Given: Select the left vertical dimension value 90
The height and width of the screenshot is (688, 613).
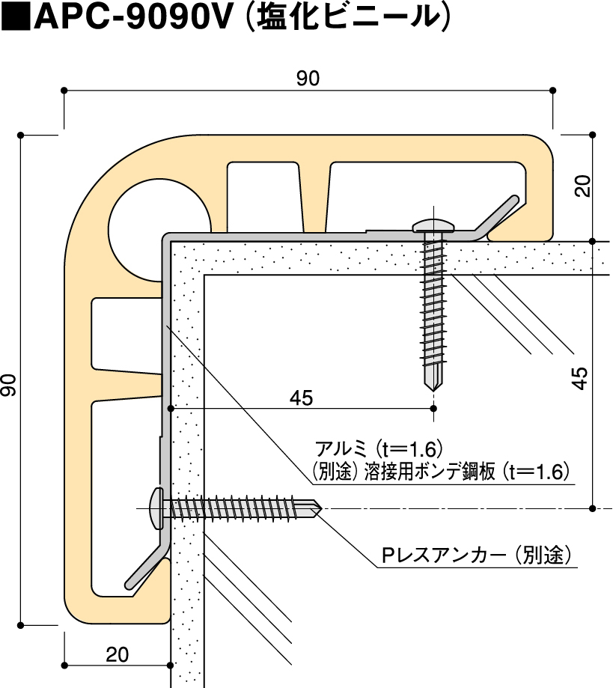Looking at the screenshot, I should coord(9,386).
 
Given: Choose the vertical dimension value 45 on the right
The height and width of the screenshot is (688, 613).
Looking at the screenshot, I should coord(581,378).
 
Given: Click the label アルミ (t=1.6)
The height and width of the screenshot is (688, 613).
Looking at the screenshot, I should coord(382,449).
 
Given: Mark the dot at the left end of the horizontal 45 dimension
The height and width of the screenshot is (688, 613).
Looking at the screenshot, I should coord(171,408).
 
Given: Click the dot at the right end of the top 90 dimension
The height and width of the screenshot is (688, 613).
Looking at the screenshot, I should coord(552,90).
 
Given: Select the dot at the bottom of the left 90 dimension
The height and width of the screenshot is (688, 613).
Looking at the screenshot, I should coord(21,623).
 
